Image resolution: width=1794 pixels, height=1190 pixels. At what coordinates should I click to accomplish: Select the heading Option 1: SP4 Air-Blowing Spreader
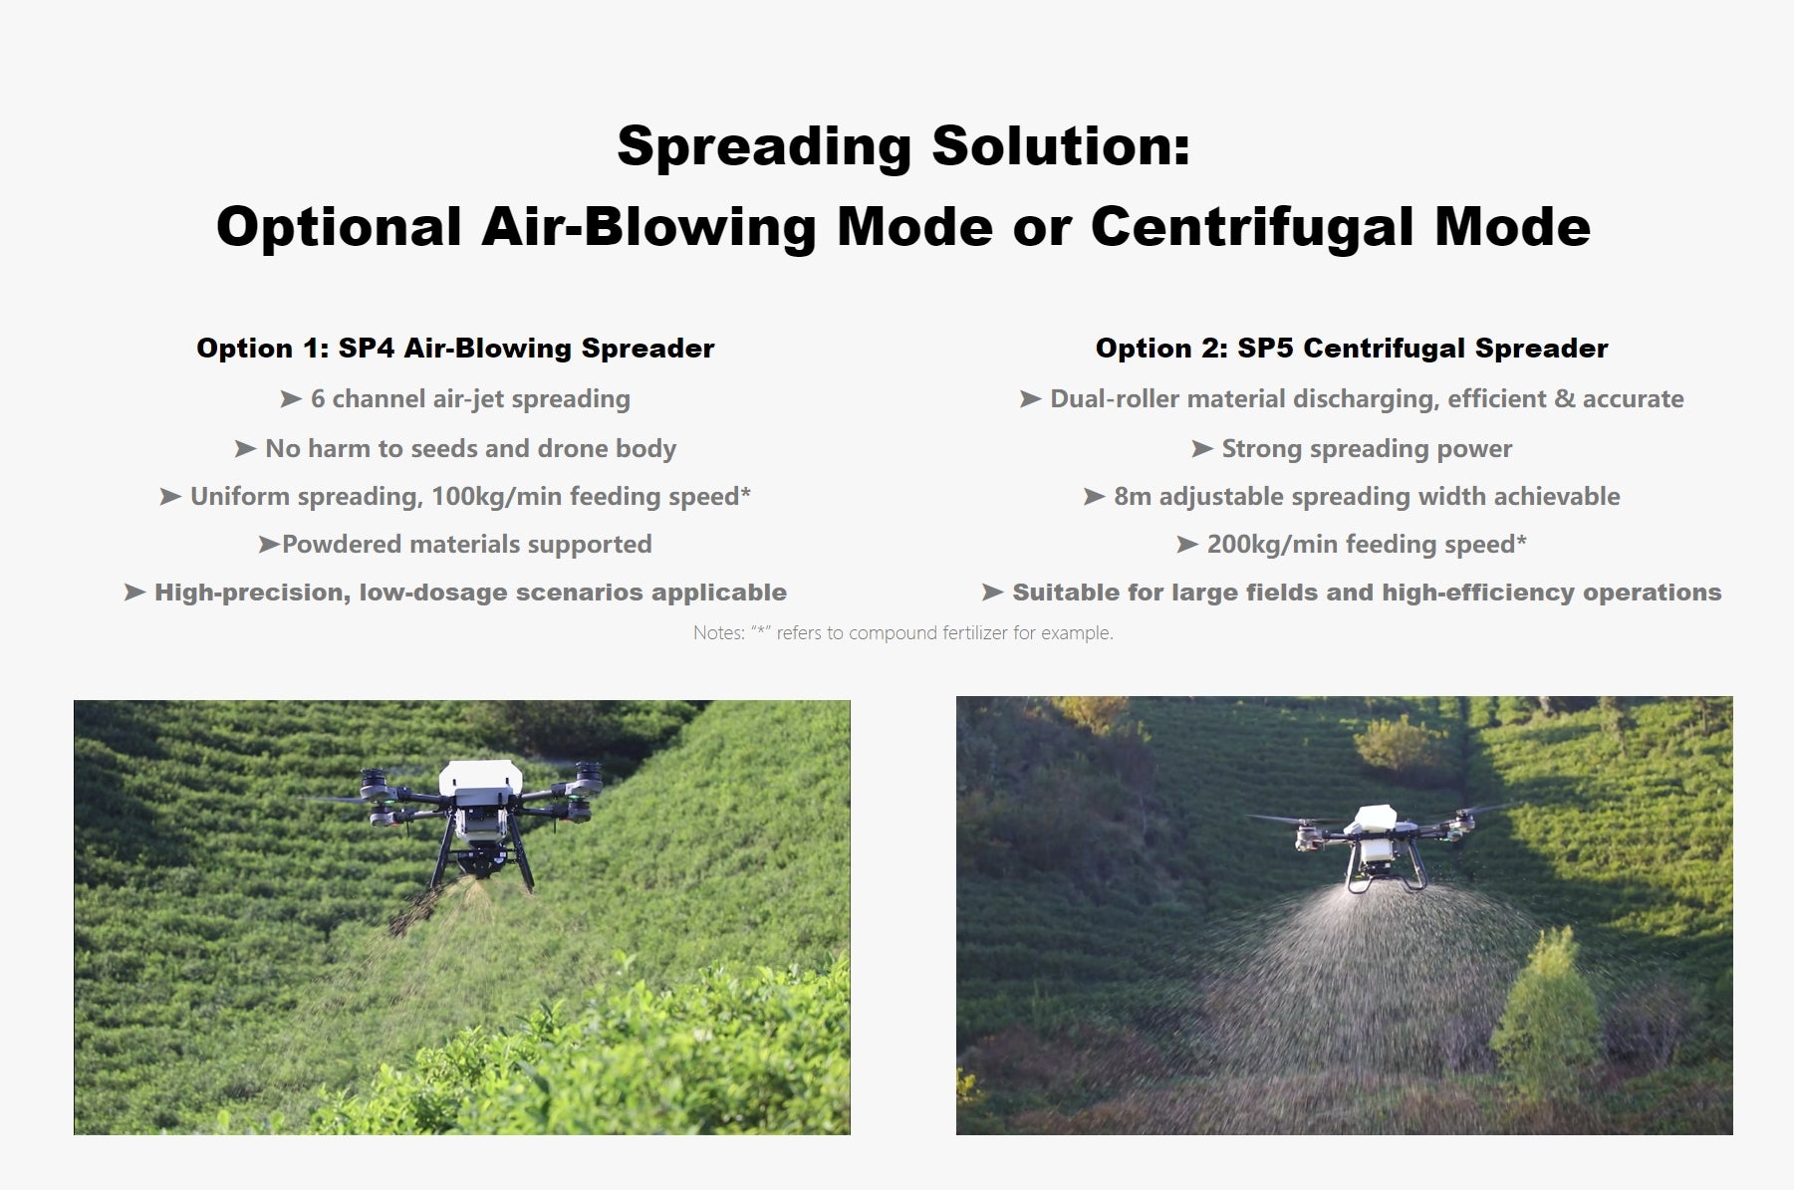click(x=455, y=349)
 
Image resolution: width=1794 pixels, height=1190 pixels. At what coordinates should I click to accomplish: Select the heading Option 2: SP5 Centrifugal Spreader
click(x=1352, y=349)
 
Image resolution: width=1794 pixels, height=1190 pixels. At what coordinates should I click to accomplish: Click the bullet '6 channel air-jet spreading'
click(x=470, y=399)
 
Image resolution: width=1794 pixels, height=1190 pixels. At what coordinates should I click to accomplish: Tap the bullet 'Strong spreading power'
click(x=1367, y=449)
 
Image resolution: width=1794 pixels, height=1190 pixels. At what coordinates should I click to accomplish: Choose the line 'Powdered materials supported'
click(x=466, y=545)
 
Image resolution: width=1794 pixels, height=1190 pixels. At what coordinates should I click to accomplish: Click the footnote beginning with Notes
click(x=902, y=633)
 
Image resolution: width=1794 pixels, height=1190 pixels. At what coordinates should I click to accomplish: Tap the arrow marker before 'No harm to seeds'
click(x=245, y=449)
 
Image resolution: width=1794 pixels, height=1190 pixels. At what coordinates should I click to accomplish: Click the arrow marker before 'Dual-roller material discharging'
click(x=1030, y=399)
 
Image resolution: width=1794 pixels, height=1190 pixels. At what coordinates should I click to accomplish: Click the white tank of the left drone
click(x=480, y=778)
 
